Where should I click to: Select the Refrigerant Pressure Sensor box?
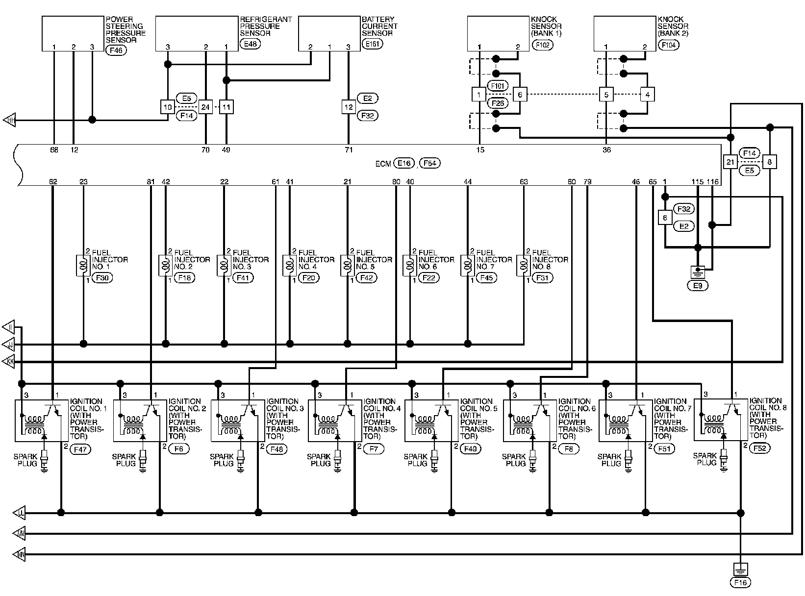[197, 33]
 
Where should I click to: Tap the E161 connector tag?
[372, 44]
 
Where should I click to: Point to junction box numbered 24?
[205, 106]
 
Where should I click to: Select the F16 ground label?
[740, 583]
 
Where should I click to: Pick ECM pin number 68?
[54, 150]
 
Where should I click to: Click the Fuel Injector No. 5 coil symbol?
[347, 266]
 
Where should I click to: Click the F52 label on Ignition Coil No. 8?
[760, 447]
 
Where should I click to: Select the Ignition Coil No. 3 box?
[236, 421]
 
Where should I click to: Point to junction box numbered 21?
[730, 161]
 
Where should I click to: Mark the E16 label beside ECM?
[404, 163]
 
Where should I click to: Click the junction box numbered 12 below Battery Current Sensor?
[349, 106]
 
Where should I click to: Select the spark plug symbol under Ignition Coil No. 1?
[45, 460]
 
